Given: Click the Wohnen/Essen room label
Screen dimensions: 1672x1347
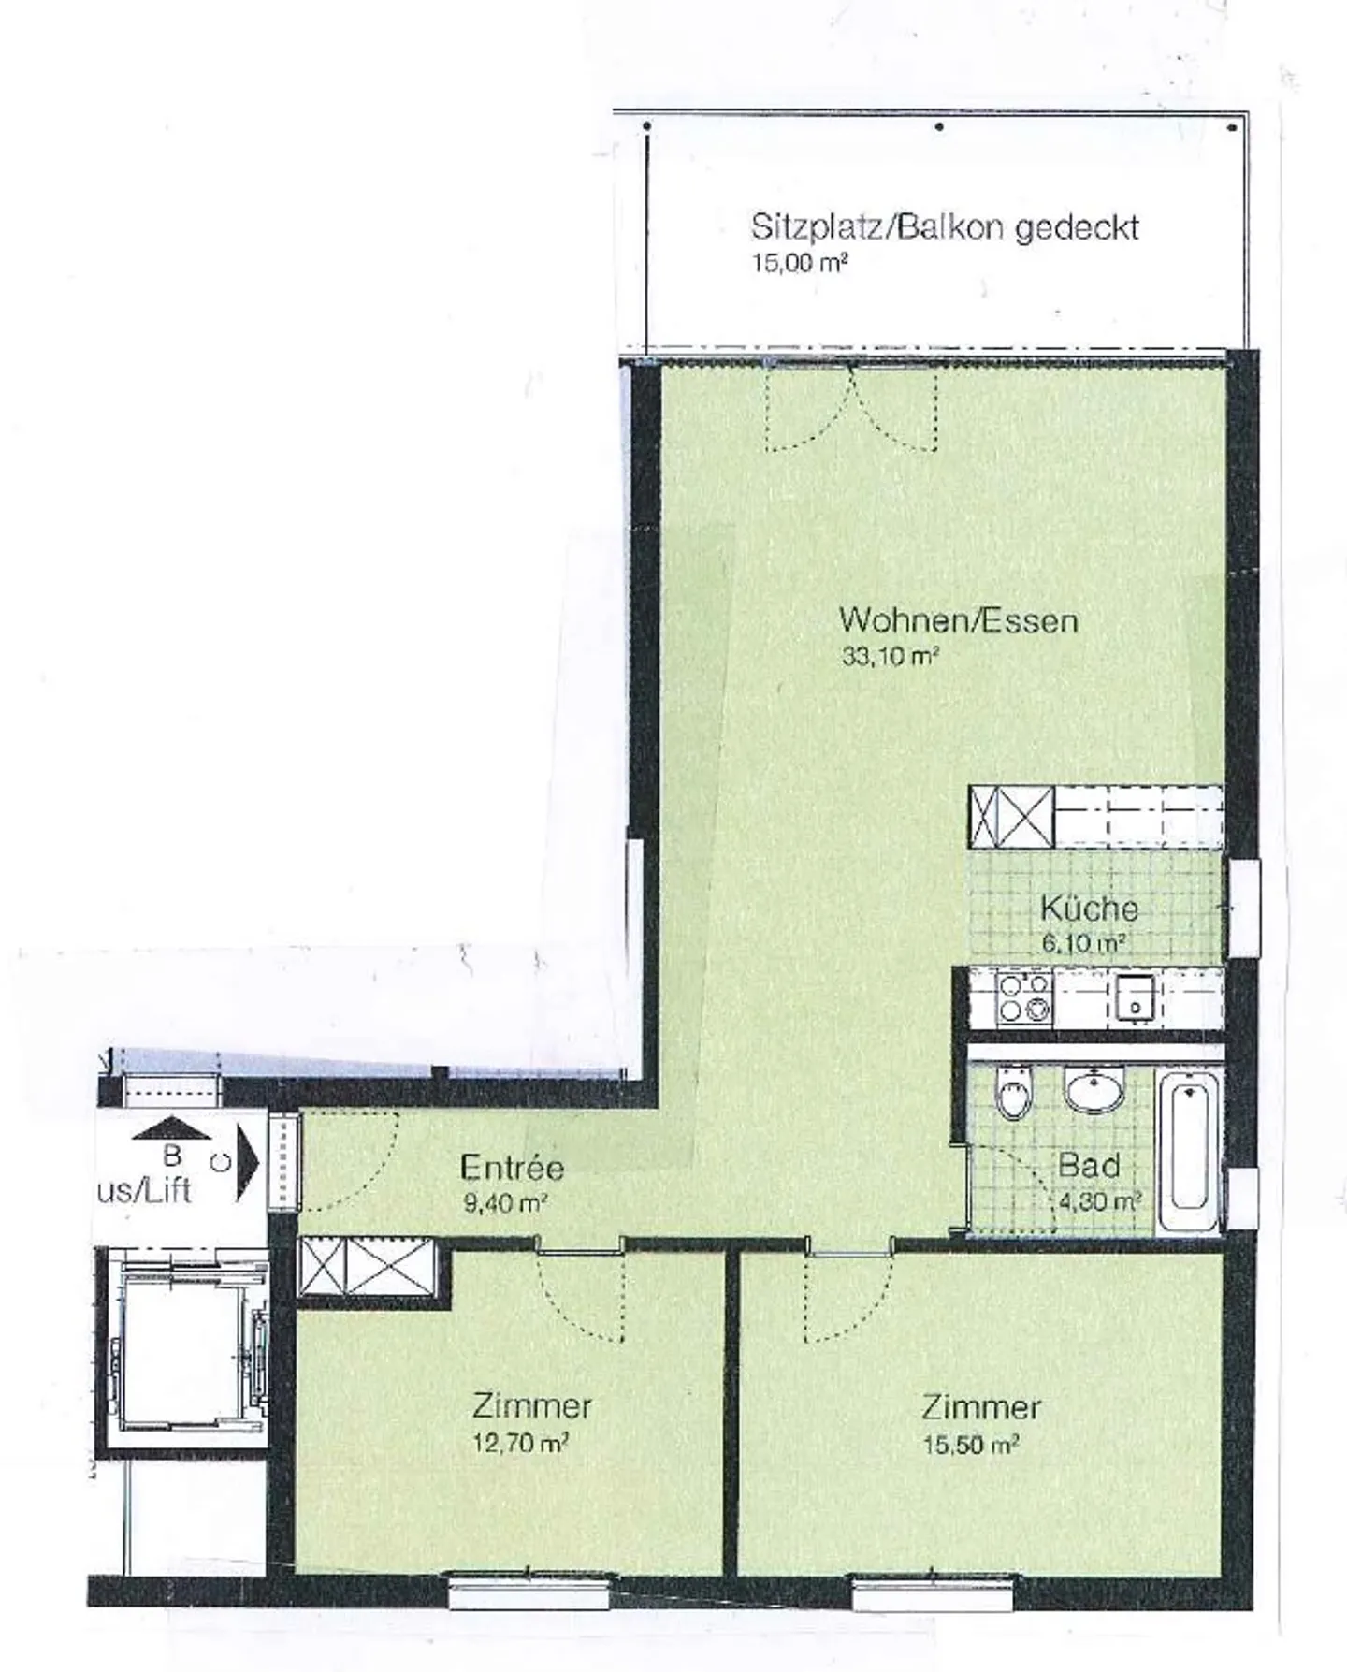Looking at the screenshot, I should (x=958, y=620).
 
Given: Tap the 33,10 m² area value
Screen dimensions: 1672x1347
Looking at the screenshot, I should (x=890, y=656).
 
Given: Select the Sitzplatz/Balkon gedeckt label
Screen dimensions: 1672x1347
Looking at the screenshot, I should (x=945, y=227).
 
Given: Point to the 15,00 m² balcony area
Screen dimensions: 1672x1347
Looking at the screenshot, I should (x=800, y=263).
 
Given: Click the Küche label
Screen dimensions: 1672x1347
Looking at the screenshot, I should (x=1089, y=909).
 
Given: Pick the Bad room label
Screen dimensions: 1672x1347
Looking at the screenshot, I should (x=1089, y=1166).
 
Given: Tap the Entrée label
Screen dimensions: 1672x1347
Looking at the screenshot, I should (x=513, y=1167).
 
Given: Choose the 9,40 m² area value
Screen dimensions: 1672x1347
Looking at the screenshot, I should (x=505, y=1203).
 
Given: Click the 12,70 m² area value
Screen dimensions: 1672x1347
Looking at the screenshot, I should (x=520, y=1443).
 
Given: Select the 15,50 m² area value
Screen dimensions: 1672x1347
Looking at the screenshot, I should (x=970, y=1445).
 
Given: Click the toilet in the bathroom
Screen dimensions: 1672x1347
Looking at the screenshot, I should (x=1012, y=1096).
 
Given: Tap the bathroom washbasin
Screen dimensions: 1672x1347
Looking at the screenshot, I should (x=1094, y=1091).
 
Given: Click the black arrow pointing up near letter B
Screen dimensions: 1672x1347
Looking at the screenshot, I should (x=172, y=1129).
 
